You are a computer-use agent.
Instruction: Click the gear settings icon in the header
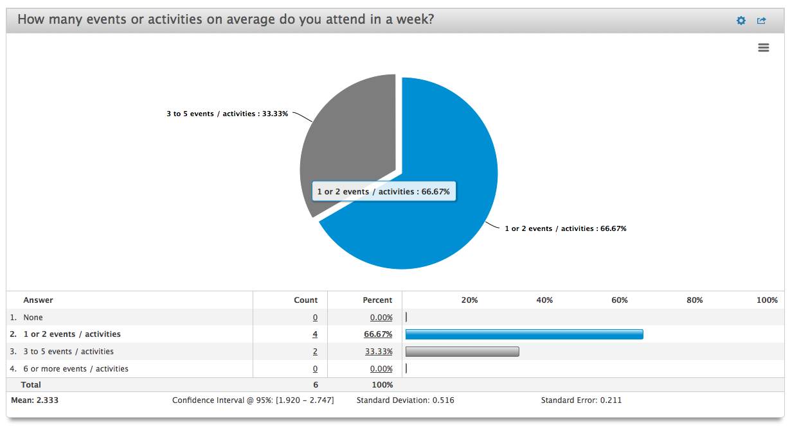click(741, 21)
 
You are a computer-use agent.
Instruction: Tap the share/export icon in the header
click(762, 21)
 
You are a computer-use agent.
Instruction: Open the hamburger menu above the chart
click(764, 47)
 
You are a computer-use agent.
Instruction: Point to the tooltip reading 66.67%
click(383, 191)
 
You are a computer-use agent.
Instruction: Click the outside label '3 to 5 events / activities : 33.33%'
click(227, 114)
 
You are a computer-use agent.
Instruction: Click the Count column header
click(305, 300)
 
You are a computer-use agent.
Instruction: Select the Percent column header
click(377, 300)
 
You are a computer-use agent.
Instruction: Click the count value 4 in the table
click(315, 334)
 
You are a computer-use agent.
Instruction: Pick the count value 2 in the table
click(315, 352)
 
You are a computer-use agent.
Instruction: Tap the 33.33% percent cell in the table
click(379, 352)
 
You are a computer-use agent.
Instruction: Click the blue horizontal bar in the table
click(524, 334)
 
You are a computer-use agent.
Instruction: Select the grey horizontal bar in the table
click(462, 352)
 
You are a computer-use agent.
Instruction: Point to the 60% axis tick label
click(620, 300)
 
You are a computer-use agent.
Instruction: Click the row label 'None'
click(33, 318)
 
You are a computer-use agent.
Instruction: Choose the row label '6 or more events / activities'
click(76, 369)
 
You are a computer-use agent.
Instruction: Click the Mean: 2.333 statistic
click(35, 400)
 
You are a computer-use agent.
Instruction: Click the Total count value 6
click(315, 385)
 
